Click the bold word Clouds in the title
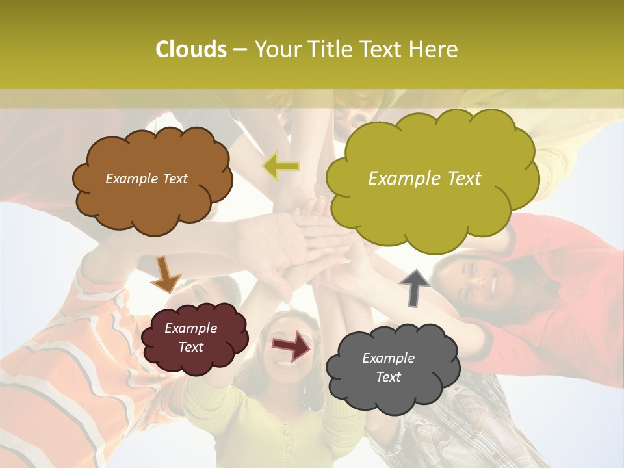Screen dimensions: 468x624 coord(191,49)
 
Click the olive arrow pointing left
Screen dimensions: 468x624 coord(281,166)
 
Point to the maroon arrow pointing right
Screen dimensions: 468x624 coord(291,345)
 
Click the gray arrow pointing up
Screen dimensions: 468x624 coord(415,287)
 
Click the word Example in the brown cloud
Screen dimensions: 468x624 coord(132,179)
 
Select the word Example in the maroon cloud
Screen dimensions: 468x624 coord(191,328)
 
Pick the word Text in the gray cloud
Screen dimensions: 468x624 coord(388,377)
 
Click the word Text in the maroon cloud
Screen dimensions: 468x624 coord(191,347)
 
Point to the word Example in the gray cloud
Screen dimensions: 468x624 coord(388,358)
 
